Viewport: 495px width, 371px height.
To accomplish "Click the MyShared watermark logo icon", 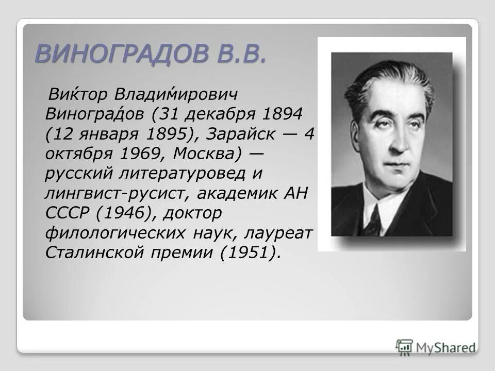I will tap(405, 346).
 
